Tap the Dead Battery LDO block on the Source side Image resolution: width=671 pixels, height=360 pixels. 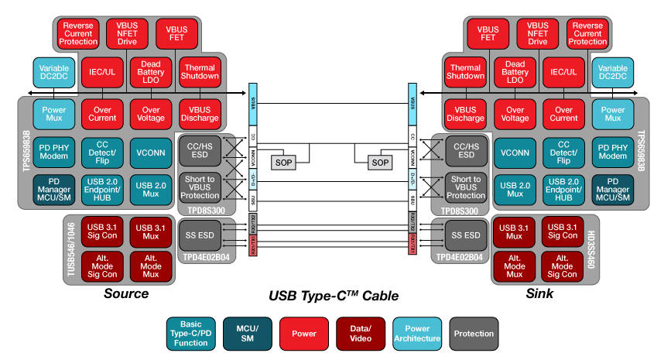(150, 72)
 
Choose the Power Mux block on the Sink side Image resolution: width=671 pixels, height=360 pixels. (613, 113)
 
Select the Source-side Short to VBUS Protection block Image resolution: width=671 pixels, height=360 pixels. (200, 188)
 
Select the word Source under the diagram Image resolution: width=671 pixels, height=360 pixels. (126, 294)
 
